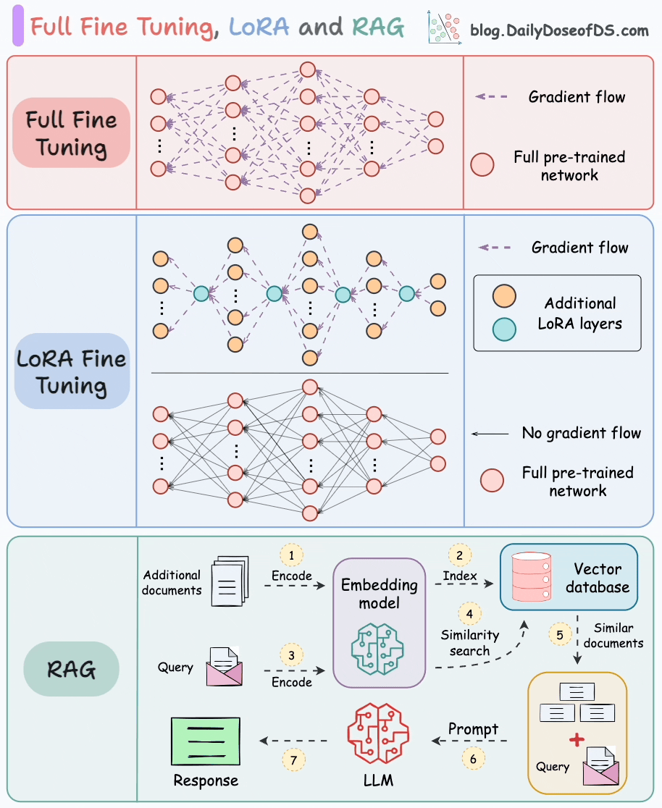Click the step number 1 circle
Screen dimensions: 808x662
coord(291,555)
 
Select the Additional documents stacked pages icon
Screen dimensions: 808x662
coord(230,581)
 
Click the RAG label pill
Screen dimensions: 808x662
coord(71,668)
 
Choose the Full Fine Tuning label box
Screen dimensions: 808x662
coord(71,133)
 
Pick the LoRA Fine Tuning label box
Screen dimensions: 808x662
coord(71,371)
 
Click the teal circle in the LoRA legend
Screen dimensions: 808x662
coord(504,329)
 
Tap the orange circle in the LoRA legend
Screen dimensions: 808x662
coord(504,296)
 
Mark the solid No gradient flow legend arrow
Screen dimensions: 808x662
coord(490,434)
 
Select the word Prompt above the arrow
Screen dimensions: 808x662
coord(473,729)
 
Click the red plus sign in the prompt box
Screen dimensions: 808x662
coord(577,740)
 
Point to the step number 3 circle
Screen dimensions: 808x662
coord(291,655)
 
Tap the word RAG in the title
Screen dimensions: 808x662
coord(378,28)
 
